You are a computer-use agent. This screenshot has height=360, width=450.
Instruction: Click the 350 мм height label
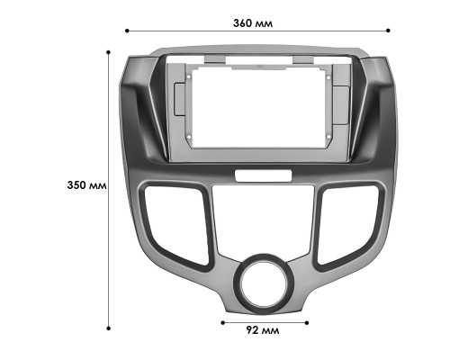tap(87, 184)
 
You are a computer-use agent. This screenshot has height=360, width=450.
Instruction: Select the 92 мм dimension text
tap(264, 330)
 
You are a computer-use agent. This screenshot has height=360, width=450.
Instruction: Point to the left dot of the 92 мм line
tap(221, 319)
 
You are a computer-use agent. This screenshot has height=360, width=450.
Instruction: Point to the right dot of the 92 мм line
tap(307, 319)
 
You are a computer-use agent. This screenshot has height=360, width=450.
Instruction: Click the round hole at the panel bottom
tap(264, 284)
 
